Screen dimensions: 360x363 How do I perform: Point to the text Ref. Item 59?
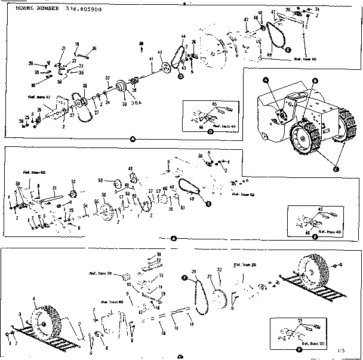(244, 194)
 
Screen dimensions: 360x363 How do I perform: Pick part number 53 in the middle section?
(101, 179)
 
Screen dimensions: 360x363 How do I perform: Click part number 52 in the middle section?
(73, 181)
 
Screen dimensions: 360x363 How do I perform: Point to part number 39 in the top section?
(141, 45)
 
